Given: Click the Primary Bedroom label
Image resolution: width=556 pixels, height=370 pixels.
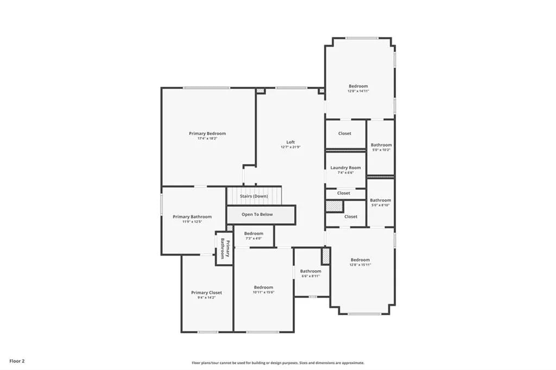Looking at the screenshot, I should click(x=207, y=133).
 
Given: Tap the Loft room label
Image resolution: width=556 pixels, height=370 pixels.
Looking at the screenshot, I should click(x=290, y=142).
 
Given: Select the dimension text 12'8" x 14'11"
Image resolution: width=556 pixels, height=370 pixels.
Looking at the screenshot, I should click(x=358, y=91).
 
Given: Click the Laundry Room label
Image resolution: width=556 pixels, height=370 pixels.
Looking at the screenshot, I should click(x=345, y=168).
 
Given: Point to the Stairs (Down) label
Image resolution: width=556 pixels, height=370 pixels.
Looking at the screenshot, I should click(x=254, y=196).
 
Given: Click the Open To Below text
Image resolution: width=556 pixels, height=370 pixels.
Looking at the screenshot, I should click(x=257, y=214).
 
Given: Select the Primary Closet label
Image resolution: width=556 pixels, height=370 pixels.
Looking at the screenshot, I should click(x=206, y=292).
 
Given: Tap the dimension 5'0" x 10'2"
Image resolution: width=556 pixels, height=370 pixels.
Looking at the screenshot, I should click(x=381, y=150).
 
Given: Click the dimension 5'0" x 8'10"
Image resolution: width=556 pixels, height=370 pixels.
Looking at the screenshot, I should click(x=381, y=205).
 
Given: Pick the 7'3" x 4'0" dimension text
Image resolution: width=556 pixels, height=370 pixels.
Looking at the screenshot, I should click(x=253, y=238).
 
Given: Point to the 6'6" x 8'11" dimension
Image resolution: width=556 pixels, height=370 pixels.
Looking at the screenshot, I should click(x=311, y=276).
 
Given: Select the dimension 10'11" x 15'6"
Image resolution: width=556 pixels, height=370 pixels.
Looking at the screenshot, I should click(x=263, y=292).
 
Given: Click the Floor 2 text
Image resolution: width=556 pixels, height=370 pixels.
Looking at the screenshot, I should click(x=16, y=360).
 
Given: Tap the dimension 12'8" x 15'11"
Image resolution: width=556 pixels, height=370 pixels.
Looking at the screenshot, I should click(x=360, y=265).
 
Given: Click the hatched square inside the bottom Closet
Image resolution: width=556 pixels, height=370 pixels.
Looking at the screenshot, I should click(x=334, y=206).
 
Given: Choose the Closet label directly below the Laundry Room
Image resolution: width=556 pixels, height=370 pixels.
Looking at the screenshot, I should click(x=344, y=193).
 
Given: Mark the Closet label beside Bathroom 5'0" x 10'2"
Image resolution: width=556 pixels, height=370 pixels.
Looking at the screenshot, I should click(x=345, y=133).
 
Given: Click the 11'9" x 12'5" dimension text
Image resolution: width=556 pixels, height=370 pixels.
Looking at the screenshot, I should click(x=192, y=222).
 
